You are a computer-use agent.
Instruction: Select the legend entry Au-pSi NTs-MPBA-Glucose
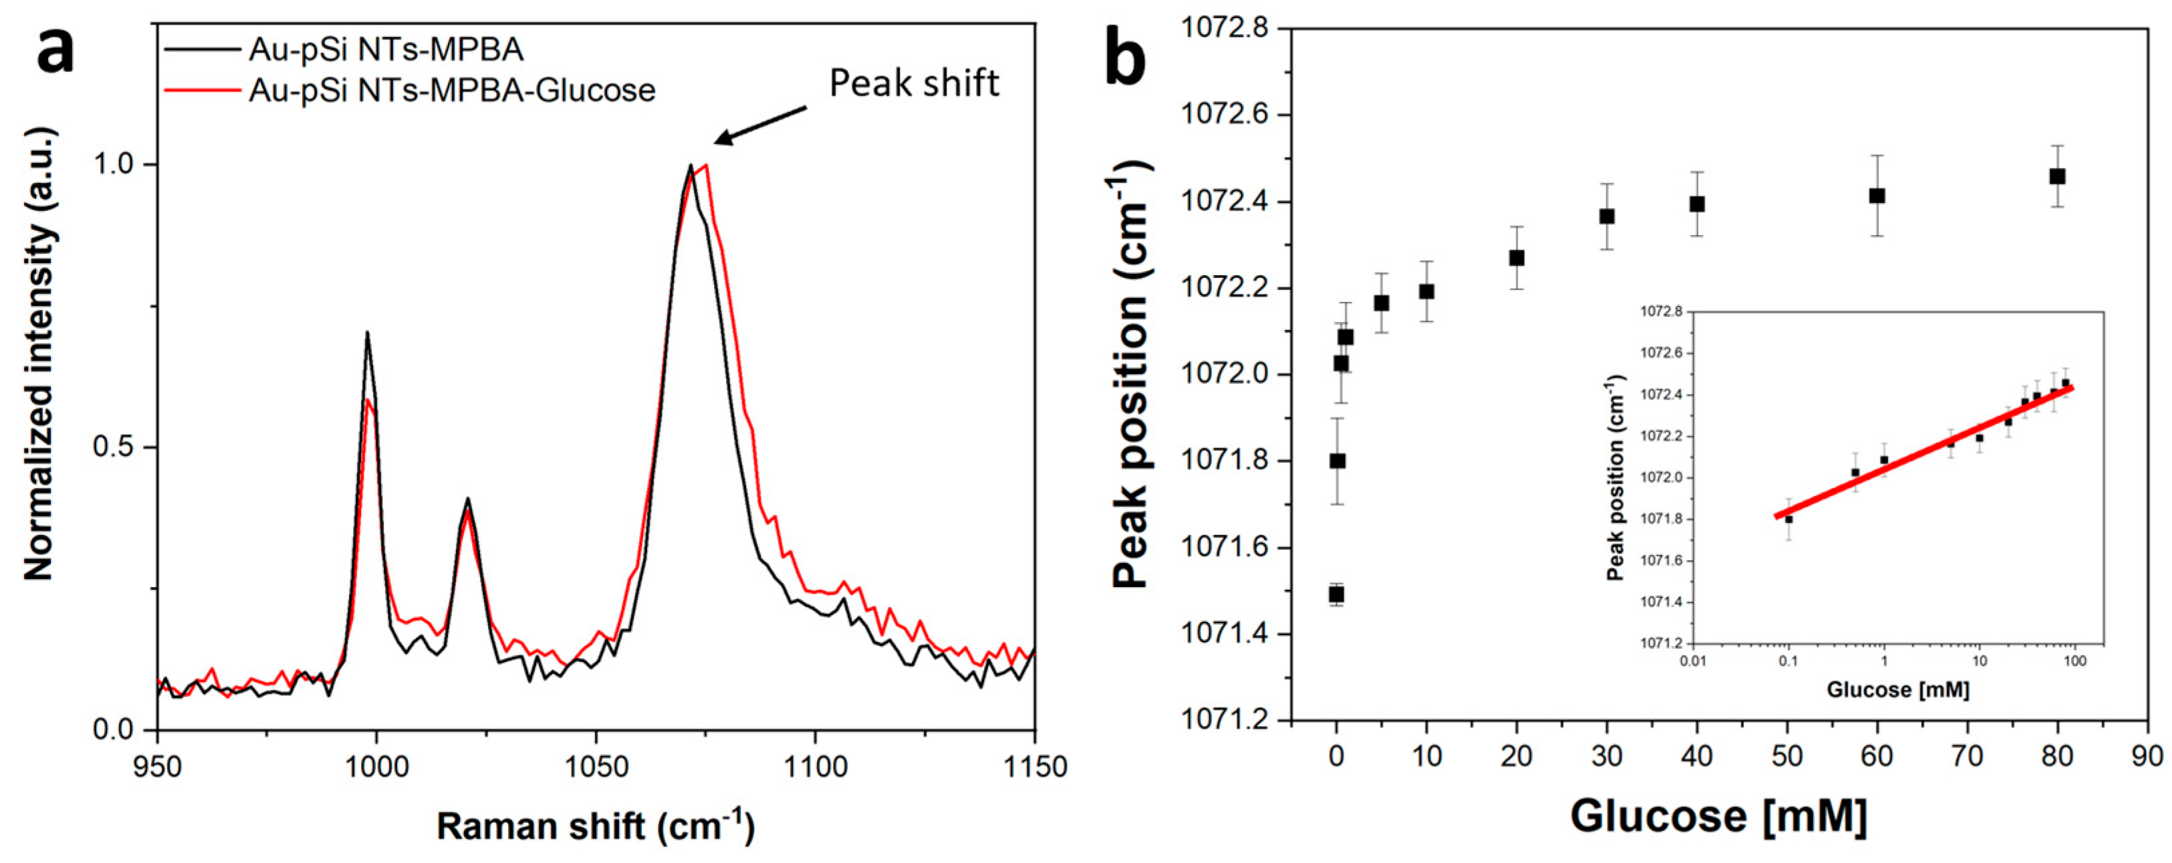[x=451, y=90]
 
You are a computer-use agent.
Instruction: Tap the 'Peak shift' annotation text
[x=914, y=83]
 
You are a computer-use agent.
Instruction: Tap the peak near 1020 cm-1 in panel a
[x=467, y=499]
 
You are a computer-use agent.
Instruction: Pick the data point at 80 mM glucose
[x=2057, y=176]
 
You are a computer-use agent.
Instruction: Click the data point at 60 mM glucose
[x=1877, y=196]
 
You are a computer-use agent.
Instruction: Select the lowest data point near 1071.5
[x=1336, y=594]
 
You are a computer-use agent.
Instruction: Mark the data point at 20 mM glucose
[x=1517, y=258]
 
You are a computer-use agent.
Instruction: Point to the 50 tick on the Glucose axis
[x=1787, y=756]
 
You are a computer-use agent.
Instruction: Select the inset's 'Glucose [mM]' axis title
[x=1897, y=690]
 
